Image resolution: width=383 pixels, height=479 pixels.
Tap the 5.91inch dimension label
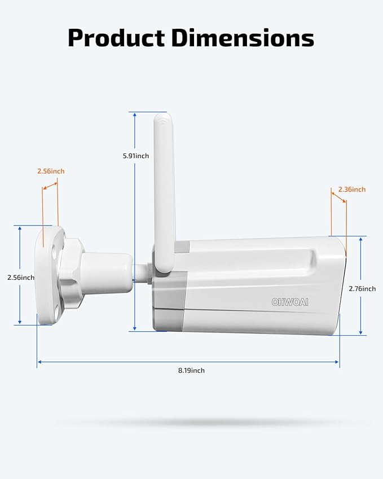click(135, 156)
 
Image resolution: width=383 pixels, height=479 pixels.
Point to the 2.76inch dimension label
click(362, 289)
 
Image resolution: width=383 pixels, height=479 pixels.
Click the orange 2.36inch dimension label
click(352, 190)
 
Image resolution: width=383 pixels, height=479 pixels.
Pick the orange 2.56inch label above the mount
click(51, 171)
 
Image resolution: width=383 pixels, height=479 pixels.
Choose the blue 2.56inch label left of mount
click(20, 278)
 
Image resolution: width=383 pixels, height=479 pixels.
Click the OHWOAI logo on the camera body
click(290, 302)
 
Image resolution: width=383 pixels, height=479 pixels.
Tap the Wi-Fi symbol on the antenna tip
click(164, 120)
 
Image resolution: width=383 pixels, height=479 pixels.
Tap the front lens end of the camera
click(341, 285)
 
